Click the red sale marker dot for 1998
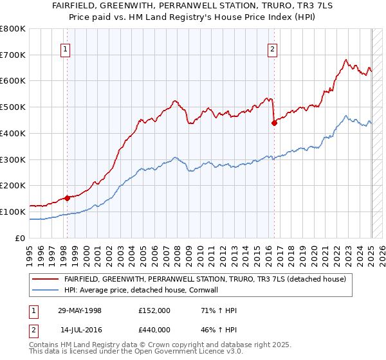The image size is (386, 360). click(x=67, y=198)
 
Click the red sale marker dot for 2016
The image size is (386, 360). click(x=274, y=123)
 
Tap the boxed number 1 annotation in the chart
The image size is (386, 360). click(x=66, y=50)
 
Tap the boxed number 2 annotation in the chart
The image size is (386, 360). click(x=272, y=50)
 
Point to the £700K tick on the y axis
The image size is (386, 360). click(x=14, y=55)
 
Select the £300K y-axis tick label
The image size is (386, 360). click(x=14, y=159)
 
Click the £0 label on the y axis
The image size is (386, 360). click(x=21, y=238)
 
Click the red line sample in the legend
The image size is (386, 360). click(x=46, y=280)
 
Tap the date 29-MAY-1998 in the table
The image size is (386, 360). click(x=80, y=310)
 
